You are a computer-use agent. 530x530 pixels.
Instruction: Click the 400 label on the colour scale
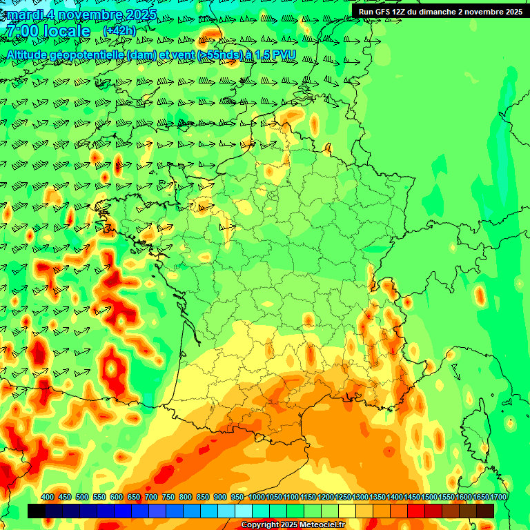(x=48, y=498)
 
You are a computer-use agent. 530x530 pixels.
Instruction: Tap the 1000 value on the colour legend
(x=256, y=498)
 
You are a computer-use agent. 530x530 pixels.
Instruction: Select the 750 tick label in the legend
(x=168, y=498)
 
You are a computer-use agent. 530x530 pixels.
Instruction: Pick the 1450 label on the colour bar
(x=412, y=498)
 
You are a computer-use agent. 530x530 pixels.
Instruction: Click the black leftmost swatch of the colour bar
(x=37, y=511)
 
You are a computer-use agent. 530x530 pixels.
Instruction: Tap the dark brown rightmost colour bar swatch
(x=485, y=511)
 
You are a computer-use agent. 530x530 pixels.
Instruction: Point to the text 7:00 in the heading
(x=21, y=31)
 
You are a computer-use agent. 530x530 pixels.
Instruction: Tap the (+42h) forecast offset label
(x=119, y=31)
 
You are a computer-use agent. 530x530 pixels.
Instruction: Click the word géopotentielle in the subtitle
(x=93, y=55)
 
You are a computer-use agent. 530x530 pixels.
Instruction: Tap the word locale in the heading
(x=66, y=31)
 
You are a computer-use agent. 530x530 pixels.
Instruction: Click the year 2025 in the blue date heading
(x=138, y=14)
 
